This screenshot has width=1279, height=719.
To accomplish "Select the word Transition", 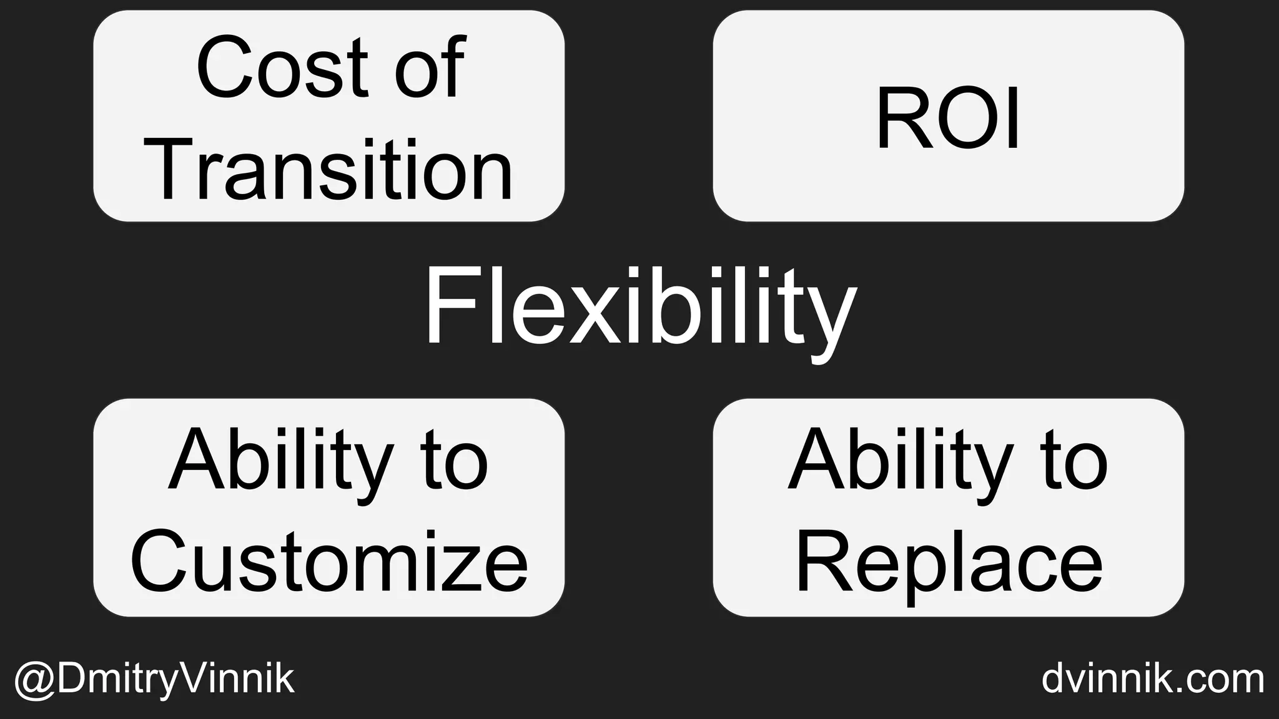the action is pyautogui.click(x=332, y=170).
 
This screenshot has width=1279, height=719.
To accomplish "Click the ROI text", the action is pyautogui.click(x=948, y=119).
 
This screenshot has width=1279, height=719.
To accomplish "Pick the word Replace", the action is pyautogui.click(x=949, y=561).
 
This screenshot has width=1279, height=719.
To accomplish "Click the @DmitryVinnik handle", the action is pyautogui.click(x=154, y=679).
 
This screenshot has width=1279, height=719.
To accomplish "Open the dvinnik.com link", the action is pyautogui.click(x=1153, y=678).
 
